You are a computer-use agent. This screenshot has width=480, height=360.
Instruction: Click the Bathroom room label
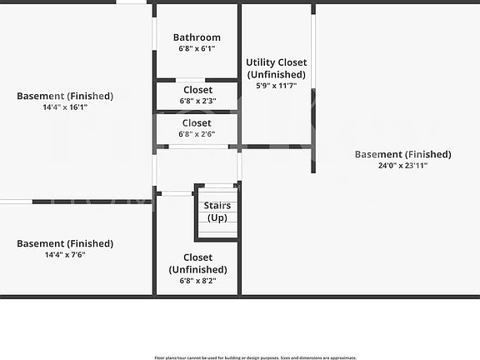click(197, 37)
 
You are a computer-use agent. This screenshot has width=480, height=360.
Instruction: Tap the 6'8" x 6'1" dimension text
click(197, 48)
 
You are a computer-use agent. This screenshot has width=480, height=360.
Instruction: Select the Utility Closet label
click(277, 62)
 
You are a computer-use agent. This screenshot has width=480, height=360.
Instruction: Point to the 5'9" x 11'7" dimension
click(277, 86)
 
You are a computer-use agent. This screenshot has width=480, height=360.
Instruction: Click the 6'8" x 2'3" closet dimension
click(197, 101)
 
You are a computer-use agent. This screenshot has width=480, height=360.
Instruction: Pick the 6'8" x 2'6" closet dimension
click(197, 134)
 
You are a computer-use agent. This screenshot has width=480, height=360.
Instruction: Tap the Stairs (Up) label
click(217, 212)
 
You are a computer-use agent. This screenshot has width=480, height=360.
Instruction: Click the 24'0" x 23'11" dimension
click(402, 165)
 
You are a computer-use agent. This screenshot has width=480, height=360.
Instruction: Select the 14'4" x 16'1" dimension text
click(65, 107)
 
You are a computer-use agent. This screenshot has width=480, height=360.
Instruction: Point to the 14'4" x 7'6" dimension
click(65, 255)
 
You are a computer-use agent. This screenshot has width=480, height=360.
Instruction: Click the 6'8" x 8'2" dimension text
click(197, 280)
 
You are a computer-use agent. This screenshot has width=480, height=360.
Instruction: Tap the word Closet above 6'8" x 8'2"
click(197, 257)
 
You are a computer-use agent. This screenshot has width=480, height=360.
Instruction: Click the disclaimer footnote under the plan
click(255, 357)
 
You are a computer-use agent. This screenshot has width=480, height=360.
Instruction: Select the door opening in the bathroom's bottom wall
click(190, 80)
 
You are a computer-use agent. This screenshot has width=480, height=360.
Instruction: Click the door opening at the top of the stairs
click(219, 186)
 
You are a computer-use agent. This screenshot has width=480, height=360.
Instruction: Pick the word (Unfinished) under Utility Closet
click(277, 74)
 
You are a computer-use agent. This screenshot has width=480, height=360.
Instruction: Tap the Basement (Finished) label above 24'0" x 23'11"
click(402, 154)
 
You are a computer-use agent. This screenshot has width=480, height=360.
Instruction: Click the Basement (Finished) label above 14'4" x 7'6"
click(65, 243)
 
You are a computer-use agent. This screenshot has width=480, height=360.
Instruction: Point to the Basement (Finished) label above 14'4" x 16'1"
click(65, 96)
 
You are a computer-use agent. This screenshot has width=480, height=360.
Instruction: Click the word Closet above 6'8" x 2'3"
click(197, 90)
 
